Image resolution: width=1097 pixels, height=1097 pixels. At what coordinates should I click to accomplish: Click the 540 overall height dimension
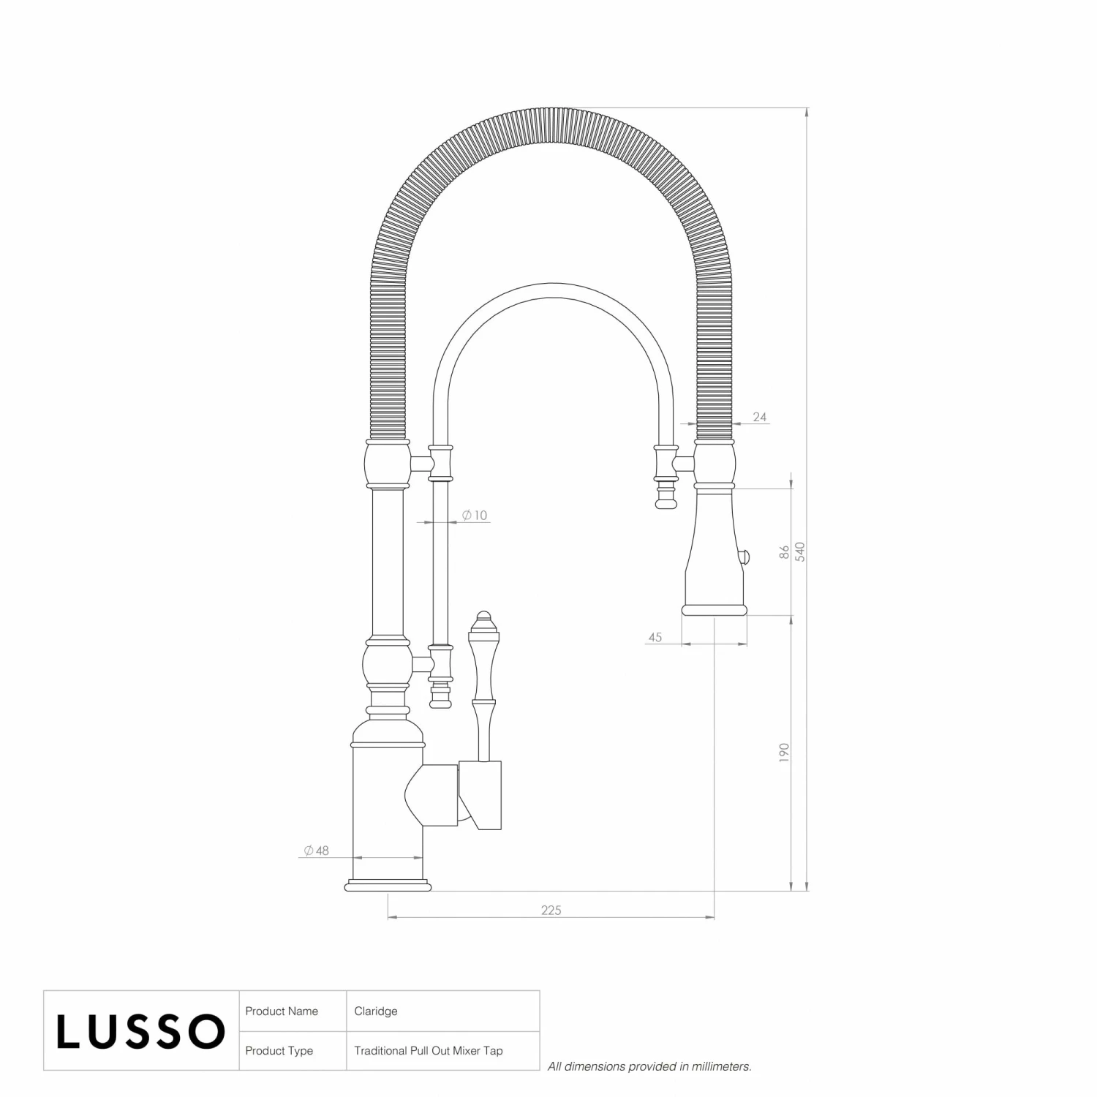tap(800, 551)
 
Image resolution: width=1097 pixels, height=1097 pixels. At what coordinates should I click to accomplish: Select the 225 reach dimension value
tap(551, 911)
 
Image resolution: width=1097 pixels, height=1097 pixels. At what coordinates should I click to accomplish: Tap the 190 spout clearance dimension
tap(784, 753)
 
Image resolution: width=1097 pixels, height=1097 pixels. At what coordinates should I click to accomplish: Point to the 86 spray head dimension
tap(784, 552)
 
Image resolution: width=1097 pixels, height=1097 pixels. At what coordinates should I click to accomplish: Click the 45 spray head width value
tap(655, 638)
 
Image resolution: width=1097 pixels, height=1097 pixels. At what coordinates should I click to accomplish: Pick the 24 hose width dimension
tap(759, 417)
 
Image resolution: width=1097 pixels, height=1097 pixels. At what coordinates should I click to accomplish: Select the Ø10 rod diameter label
tap(475, 516)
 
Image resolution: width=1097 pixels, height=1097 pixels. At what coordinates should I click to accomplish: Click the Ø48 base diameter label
tap(317, 851)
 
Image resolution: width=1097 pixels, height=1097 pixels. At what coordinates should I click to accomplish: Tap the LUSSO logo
tap(140, 1031)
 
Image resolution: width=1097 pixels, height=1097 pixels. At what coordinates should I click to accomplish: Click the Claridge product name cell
tap(376, 1011)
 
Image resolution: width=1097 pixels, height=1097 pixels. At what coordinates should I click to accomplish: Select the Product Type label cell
tap(279, 1051)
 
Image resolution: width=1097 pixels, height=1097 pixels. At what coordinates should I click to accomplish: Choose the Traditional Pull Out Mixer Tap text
tap(428, 1051)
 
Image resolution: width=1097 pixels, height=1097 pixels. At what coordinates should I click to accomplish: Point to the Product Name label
tap(282, 1011)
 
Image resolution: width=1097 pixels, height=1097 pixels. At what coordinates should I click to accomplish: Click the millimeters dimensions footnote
tap(649, 1067)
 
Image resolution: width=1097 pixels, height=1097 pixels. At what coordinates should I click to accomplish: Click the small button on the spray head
tap(747, 558)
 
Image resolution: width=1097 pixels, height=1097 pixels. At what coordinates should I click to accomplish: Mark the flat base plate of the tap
tap(388, 887)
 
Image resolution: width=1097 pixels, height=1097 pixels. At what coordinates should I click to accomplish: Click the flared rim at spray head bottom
tap(715, 610)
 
